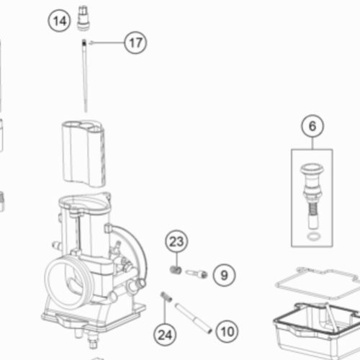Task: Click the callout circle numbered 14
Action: click(59, 20)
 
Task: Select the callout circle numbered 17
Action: click(135, 42)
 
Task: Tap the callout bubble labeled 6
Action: click(312, 126)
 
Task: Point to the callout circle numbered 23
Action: click(176, 241)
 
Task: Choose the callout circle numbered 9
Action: click(224, 275)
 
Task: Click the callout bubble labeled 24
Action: click(165, 334)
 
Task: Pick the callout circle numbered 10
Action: click(227, 332)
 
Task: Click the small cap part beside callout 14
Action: click(84, 18)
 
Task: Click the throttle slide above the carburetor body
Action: click(84, 153)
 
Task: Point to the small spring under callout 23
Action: click(176, 270)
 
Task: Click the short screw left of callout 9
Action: click(197, 274)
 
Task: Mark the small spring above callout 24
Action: click(166, 297)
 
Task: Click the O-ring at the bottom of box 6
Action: click(313, 237)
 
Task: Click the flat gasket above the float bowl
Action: click(316, 284)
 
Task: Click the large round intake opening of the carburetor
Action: click(68, 283)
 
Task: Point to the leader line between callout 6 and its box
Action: click(312, 143)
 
